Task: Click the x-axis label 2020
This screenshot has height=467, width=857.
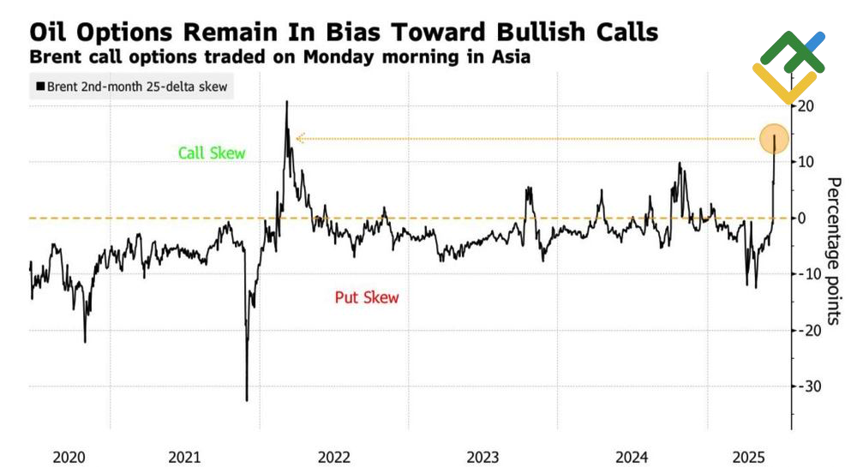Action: [69, 457]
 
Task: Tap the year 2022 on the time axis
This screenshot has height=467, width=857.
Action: [333, 457]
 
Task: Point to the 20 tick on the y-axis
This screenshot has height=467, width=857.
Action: [806, 105]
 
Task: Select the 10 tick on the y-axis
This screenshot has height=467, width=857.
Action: [806, 162]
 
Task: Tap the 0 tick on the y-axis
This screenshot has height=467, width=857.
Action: [803, 218]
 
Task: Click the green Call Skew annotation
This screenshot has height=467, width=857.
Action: [212, 153]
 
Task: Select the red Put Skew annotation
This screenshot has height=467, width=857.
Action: [366, 297]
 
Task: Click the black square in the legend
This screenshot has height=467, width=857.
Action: [39, 87]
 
